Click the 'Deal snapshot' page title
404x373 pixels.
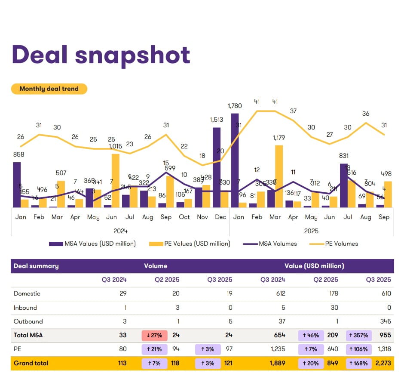(101, 55)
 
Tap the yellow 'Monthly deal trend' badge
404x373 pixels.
(49, 89)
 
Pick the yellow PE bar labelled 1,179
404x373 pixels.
(279, 176)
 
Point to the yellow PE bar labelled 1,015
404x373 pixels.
(115, 180)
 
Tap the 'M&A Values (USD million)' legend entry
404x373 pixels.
(93, 244)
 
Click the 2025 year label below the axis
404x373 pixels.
(311, 231)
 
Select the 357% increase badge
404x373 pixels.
(358, 336)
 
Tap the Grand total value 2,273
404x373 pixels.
(383, 363)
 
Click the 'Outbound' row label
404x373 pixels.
(28, 321)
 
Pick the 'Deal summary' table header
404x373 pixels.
(36, 266)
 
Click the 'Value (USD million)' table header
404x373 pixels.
(314, 266)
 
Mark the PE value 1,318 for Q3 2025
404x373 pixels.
(383, 349)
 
